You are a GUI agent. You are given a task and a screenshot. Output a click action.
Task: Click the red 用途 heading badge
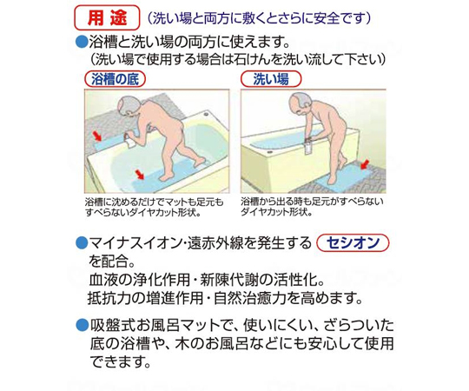tap(107, 17)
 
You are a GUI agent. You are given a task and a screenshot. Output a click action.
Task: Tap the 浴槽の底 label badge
tap(116, 79)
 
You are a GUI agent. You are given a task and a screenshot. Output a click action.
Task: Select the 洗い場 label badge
tap(271, 79)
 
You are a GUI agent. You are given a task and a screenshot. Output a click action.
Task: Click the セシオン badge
tap(353, 242)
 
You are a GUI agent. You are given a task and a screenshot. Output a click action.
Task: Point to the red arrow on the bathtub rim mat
tap(96, 136)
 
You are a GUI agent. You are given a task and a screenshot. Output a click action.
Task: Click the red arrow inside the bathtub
tap(139, 174)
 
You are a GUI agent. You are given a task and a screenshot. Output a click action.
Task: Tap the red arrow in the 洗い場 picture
tap(365, 164)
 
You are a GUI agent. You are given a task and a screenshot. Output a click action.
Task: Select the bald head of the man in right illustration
tap(300, 103)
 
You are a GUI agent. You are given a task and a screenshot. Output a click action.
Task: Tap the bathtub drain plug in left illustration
tap(205, 114)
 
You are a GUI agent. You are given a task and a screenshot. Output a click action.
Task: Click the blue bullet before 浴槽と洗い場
tap(81, 42)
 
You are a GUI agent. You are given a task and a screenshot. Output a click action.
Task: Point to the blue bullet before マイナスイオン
tap(81, 242)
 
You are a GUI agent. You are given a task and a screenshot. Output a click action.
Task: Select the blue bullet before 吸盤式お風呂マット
tap(81, 325)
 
